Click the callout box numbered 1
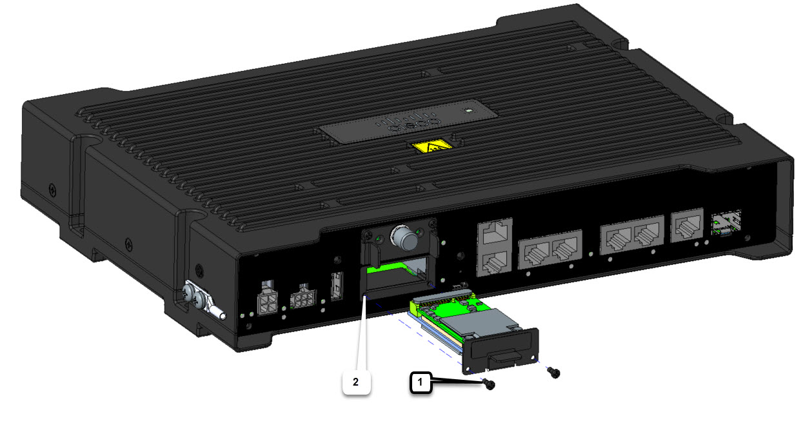pyautogui.click(x=421, y=382)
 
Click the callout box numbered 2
pyautogui.click(x=355, y=381)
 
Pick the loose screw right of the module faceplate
pyautogui.click(x=553, y=372)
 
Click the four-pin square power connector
pyautogui.click(x=266, y=302)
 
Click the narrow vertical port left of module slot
pyautogui.click(x=336, y=286)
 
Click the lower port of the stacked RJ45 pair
pyautogui.click(x=495, y=262)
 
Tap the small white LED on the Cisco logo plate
pyautogui.click(x=466, y=110)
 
